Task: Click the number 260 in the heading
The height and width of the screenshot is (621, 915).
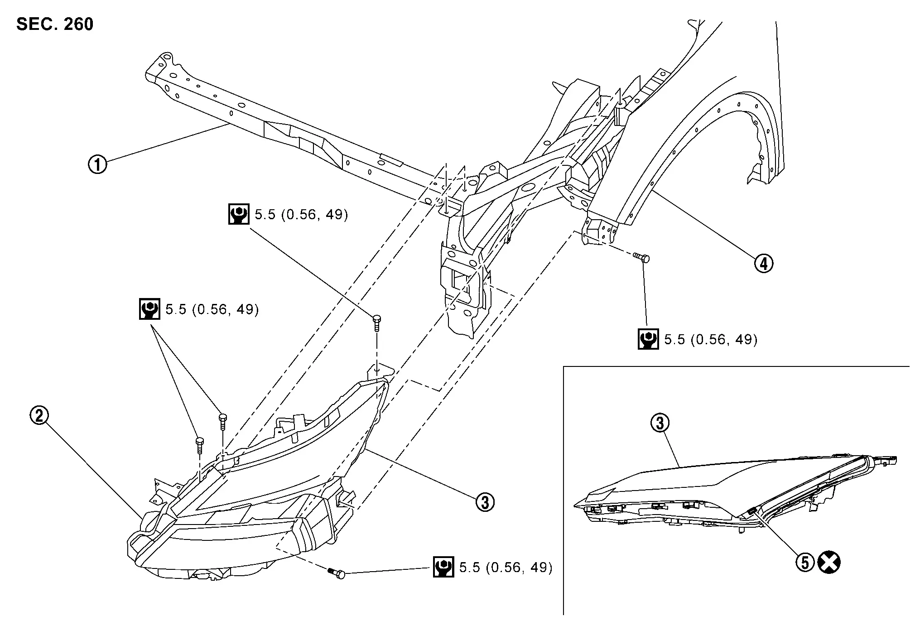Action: pos(78,24)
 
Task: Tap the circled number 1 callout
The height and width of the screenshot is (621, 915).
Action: pos(97,164)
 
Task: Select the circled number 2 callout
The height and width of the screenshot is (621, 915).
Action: pos(39,415)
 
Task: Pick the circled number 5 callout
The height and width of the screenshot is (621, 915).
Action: pos(805,563)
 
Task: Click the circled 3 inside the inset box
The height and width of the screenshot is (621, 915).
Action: pos(660,423)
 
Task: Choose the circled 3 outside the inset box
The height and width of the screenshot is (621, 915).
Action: pos(485,502)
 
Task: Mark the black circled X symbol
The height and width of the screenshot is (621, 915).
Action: pos(829,563)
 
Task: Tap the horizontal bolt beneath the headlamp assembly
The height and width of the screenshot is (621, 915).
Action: pos(337,573)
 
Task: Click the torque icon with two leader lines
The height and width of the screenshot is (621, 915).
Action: pos(149,309)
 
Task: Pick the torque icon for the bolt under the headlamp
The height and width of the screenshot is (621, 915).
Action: pos(443,567)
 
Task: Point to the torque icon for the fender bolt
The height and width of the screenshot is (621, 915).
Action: pos(648,339)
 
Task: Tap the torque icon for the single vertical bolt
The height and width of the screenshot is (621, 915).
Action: pos(238,214)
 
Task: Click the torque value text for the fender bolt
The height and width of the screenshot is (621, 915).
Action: pos(711,340)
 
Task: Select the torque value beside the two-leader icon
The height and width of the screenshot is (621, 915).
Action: pos(212,309)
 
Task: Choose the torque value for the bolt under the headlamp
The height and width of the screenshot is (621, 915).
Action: pos(506,568)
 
